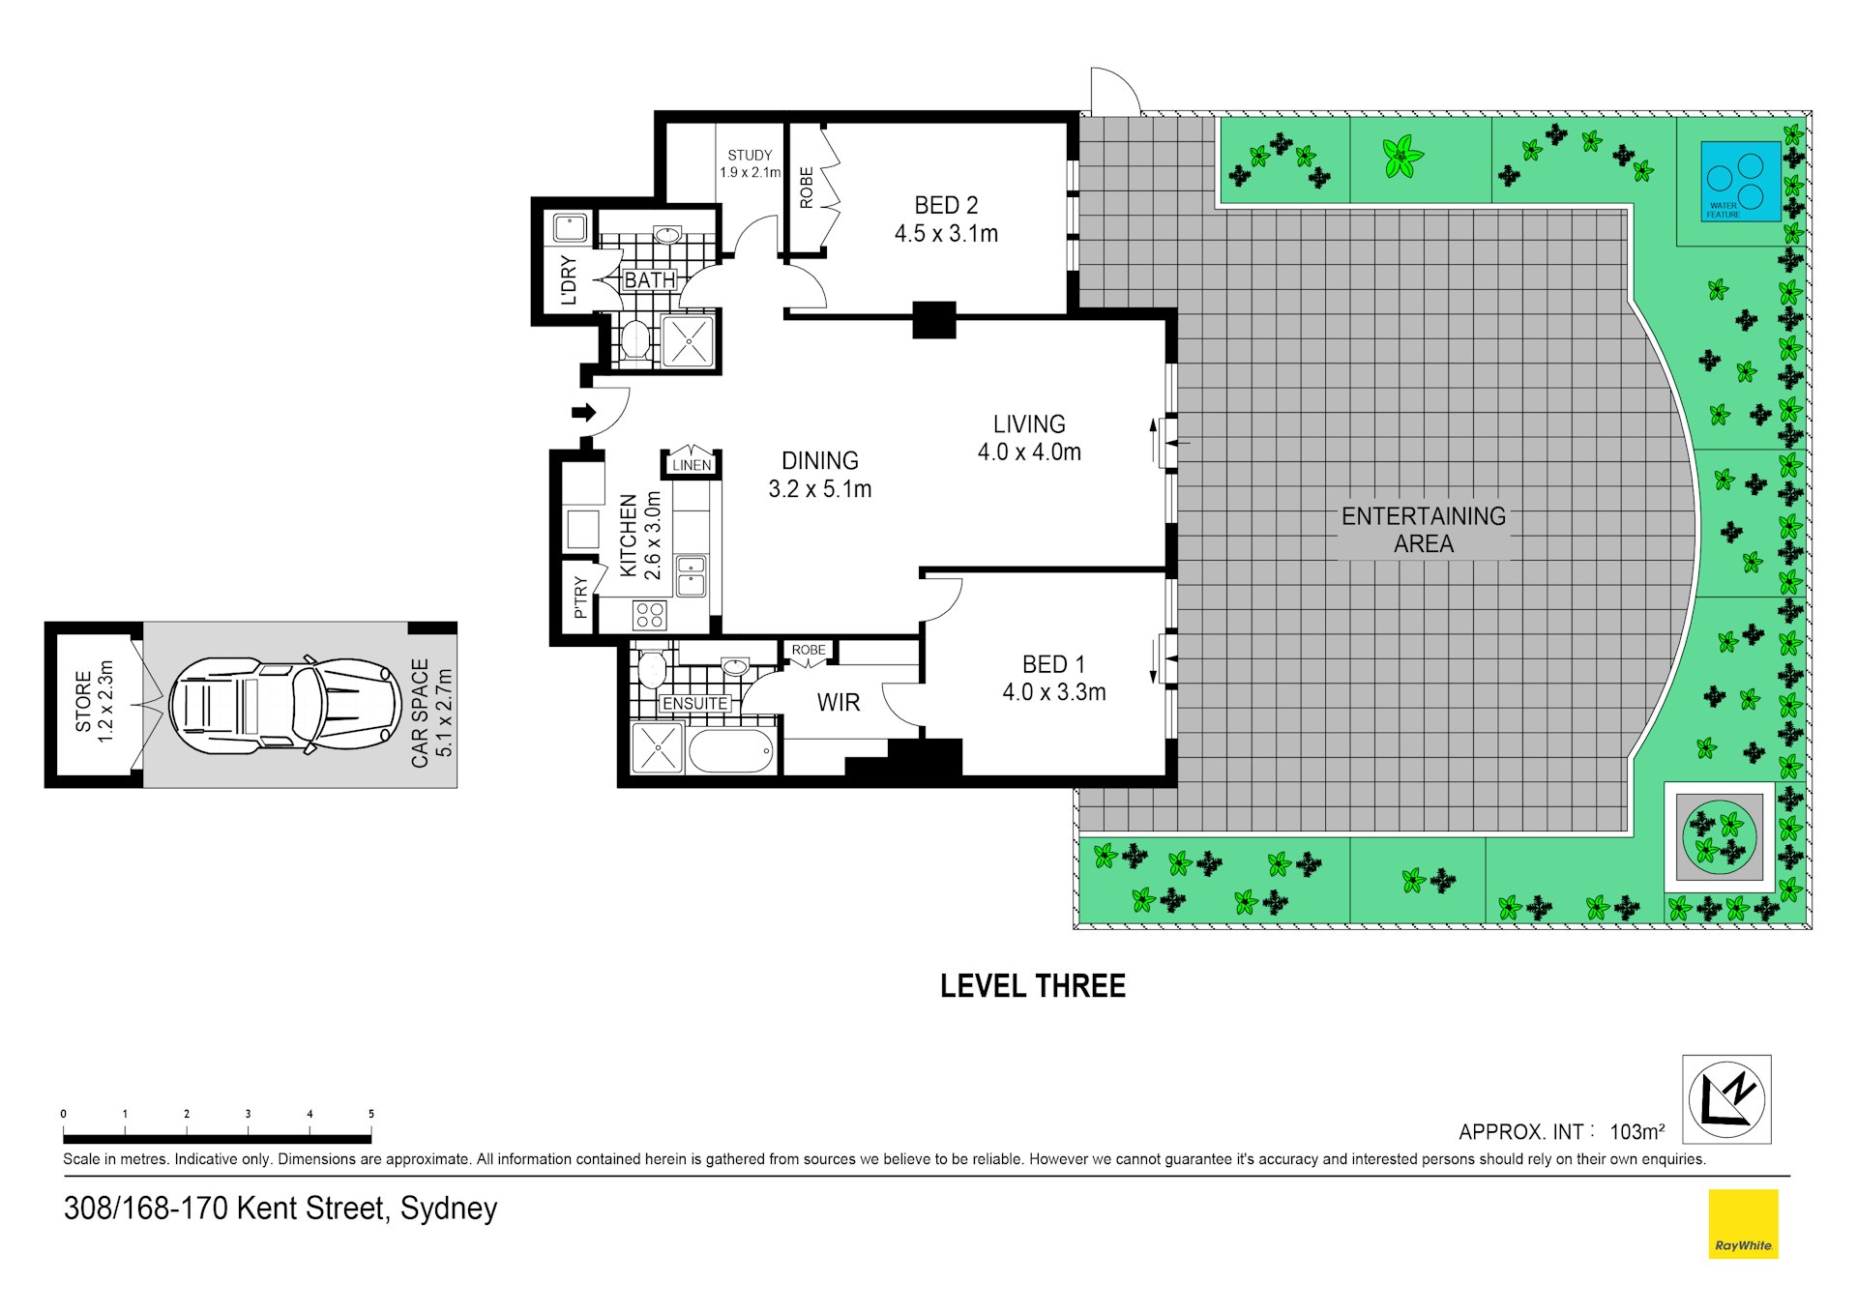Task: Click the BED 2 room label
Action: tap(946, 205)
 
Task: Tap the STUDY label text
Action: tap(750, 155)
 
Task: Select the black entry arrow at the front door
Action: tap(584, 413)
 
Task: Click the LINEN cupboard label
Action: tap(692, 465)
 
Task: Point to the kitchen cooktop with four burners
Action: tap(650, 615)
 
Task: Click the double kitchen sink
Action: tap(692, 576)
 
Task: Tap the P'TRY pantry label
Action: tap(580, 598)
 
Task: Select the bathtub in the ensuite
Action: tap(731, 751)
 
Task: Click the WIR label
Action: tap(838, 703)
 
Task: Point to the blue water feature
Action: tap(1741, 182)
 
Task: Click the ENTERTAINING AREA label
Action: tap(1424, 530)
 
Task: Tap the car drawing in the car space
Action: tap(285, 705)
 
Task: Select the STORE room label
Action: tap(83, 702)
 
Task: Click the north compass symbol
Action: tap(1726, 1099)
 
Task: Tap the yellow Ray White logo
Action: tap(1743, 1224)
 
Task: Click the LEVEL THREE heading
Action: tap(1033, 986)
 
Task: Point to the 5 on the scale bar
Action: tap(370, 1114)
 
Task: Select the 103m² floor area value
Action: tap(1637, 1131)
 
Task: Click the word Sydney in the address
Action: tap(449, 1210)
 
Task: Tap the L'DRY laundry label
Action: tap(569, 280)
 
